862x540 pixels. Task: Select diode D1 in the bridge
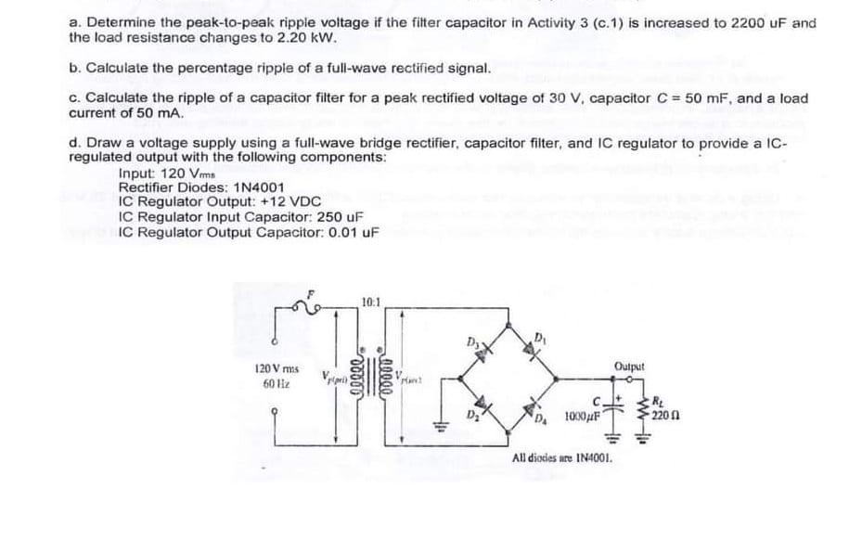[537, 349]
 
